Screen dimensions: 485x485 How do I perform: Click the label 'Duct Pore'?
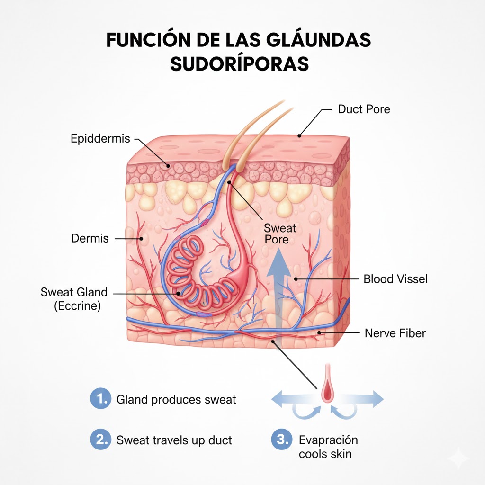click(364, 109)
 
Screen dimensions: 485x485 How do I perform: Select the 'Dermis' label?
click(90, 238)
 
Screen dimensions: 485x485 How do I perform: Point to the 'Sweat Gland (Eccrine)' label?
click(74, 299)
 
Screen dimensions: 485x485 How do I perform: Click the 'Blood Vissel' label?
click(395, 279)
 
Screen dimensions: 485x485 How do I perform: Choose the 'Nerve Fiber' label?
click(395, 333)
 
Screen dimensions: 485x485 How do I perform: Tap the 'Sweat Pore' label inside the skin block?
click(280, 234)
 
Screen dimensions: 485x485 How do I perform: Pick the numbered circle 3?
click(281, 440)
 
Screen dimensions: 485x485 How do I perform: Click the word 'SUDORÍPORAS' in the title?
click(239, 64)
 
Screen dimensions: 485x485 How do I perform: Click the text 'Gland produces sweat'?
click(176, 400)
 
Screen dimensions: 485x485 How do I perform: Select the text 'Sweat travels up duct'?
click(174, 440)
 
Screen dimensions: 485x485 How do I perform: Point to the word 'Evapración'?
click(328, 440)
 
